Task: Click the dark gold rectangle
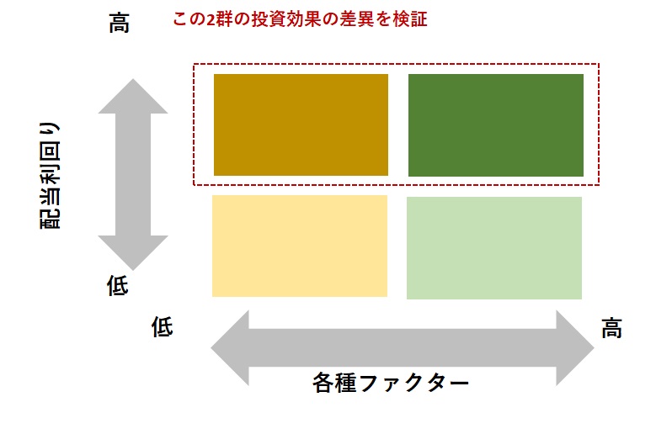(x=301, y=124)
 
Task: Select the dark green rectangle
(x=496, y=125)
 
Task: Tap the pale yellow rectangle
(x=300, y=246)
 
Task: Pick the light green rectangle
(x=494, y=248)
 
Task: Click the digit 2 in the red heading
(x=211, y=19)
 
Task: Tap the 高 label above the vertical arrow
(x=119, y=23)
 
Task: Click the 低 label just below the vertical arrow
(x=117, y=285)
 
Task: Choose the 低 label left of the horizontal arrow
(x=162, y=327)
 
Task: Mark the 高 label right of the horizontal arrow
(x=611, y=328)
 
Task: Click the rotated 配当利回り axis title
(x=51, y=176)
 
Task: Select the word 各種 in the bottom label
(x=334, y=382)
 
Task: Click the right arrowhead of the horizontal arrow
(x=574, y=347)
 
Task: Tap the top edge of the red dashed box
(x=396, y=64)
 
